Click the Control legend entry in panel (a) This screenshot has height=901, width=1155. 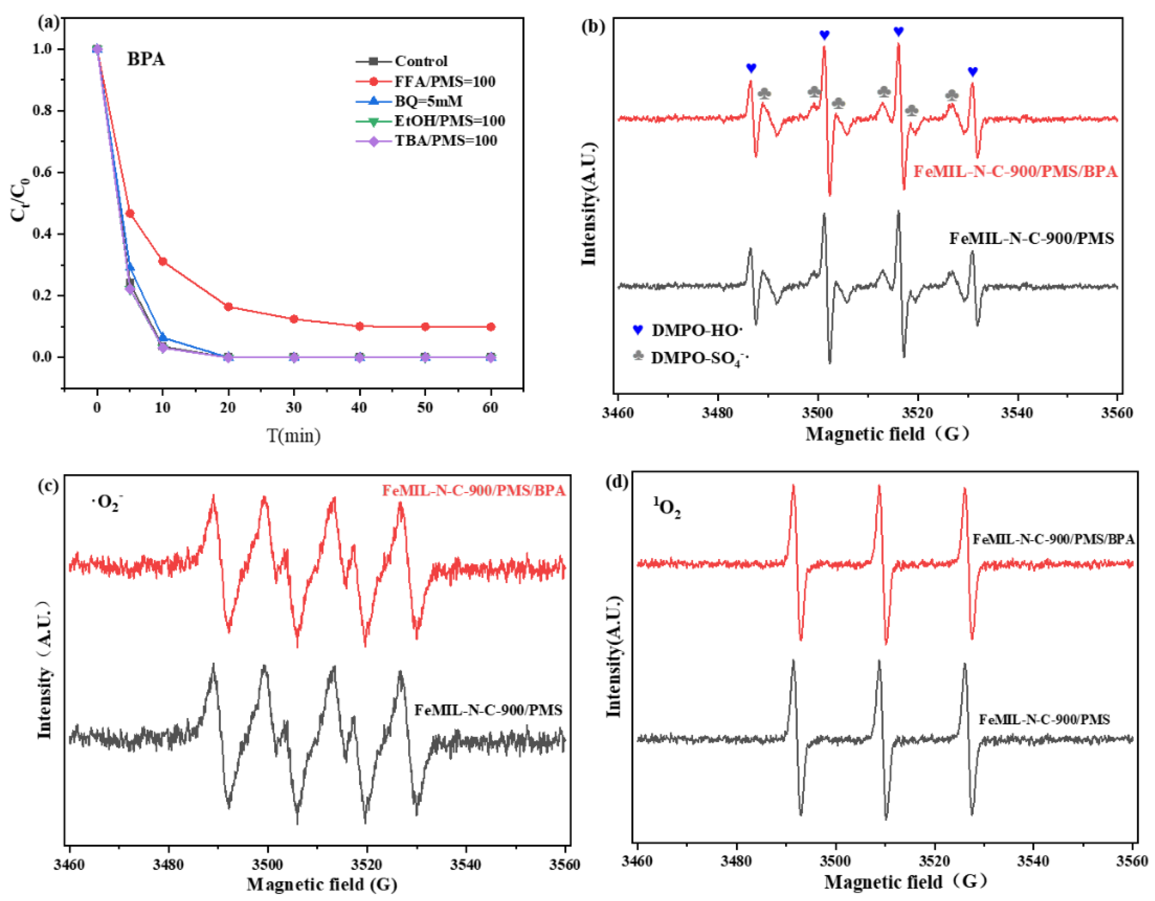coord(420,61)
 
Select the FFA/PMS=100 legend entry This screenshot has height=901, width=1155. coord(444,82)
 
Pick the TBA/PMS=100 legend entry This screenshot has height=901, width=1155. coord(445,141)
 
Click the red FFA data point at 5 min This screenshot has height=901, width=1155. coord(129,213)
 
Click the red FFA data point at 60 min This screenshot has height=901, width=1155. coord(491,327)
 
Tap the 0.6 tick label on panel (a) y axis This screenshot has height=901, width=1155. coord(42,172)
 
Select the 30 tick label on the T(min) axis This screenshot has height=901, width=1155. coord(294,408)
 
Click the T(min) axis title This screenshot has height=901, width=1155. coord(294,436)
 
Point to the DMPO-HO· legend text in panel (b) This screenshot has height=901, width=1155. coord(697,331)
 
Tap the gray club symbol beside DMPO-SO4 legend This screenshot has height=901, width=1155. coord(638,355)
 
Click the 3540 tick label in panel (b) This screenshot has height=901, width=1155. coord(1017,413)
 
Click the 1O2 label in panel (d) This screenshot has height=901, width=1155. coord(667,508)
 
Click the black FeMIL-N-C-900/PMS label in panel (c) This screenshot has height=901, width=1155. coord(488,710)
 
